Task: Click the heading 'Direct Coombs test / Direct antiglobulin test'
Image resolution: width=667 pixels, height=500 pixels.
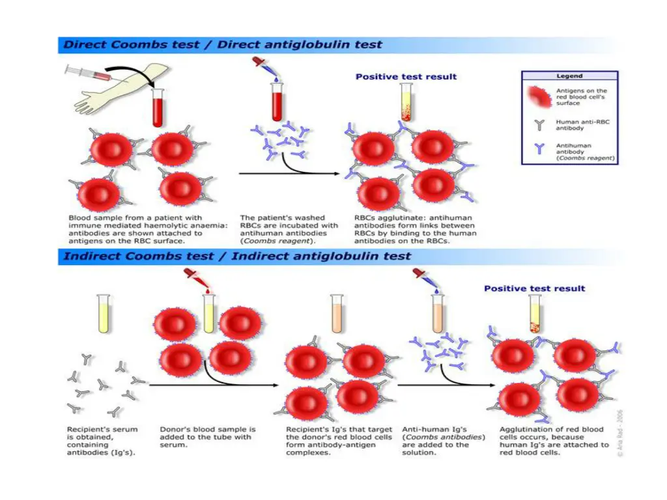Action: [222, 46]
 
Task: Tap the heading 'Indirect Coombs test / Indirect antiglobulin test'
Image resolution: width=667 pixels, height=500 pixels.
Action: [237, 257]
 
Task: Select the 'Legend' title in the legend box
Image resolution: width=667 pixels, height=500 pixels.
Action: [569, 76]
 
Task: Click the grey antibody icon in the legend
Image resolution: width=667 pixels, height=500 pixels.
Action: [538, 122]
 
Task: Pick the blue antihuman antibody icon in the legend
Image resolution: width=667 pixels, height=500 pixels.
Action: [538, 149]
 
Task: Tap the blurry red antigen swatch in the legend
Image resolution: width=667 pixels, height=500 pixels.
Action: [539, 96]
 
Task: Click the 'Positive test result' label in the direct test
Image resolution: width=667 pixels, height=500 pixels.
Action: [406, 77]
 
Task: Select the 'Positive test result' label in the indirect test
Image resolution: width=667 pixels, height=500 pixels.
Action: [534, 288]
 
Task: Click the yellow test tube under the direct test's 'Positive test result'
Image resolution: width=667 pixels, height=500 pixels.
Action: [406, 104]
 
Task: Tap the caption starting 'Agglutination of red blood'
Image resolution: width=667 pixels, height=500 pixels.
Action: [554, 441]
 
